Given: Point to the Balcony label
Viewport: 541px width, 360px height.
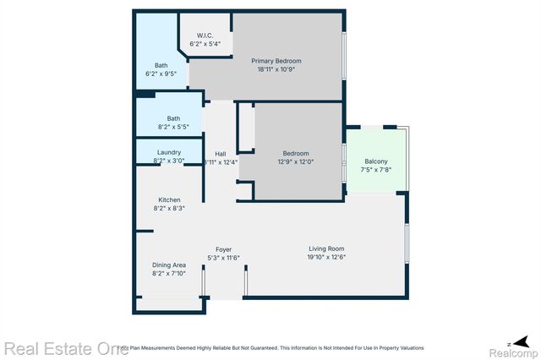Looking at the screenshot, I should (376, 161).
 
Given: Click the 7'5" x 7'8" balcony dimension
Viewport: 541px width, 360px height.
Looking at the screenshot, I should (376, 170).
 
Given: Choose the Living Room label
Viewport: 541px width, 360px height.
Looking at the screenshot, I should (327, 248).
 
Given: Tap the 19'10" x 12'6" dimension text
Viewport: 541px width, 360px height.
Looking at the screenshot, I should (327, 257).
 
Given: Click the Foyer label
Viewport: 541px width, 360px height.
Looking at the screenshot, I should (224, 249).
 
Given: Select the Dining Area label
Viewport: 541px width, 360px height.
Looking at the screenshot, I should (169, 265).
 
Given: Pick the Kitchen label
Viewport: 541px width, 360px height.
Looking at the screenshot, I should (169, 199).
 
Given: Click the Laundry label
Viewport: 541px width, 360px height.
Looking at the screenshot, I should (169, 152).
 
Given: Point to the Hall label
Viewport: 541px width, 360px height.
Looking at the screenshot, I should (221, 154).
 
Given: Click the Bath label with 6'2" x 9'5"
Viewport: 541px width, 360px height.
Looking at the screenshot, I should (161, 66).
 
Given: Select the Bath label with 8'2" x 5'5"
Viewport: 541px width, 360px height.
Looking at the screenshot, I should (172, 118).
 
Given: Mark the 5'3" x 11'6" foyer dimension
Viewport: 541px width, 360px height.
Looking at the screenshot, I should (224, 258).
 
